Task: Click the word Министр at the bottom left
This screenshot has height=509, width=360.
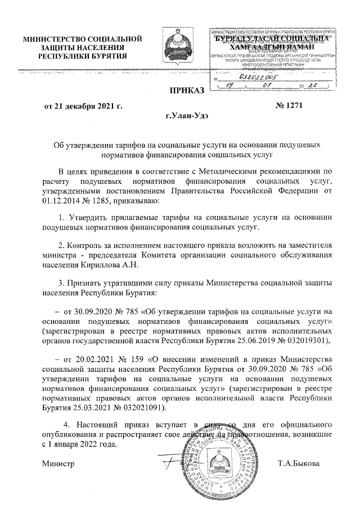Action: tap(59, 463)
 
